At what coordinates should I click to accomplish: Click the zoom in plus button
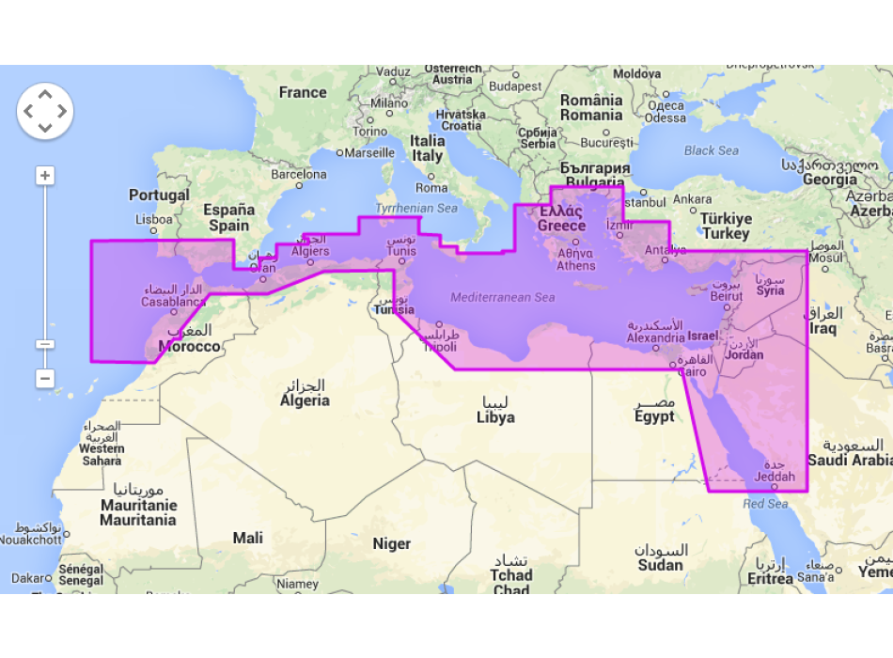click(x=45, y=176)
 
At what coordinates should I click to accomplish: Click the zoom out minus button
click(x=45, y=378)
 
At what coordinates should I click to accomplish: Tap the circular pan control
click(x=45, y=111)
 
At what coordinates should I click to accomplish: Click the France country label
click(x=303, y=93)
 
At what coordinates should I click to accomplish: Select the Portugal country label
click(x=159, y=196)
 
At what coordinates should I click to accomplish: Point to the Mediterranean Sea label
click(x=502, y=298)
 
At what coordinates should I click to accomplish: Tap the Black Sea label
click(x=711, y=150)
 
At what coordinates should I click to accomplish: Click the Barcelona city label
click(x=299, y=175)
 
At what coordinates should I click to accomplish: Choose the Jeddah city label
click(x=775, y=477)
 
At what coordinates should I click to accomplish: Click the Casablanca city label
click(x=173, y=302)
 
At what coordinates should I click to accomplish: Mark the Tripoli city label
click(x=439, y=347)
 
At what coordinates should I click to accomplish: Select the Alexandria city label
click(x=655, y=337)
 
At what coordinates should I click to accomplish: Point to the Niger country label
click(x=391, y=543)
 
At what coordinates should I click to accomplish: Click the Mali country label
click(x=248, y=539)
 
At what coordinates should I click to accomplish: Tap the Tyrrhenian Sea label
click(x=416, y=208)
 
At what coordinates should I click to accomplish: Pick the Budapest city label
click(x=514, y=86)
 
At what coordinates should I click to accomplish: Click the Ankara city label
click(x=692, y=199)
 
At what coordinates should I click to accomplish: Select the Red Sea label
click(x=765, y=505)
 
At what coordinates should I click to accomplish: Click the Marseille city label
click(x=369, y=152)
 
